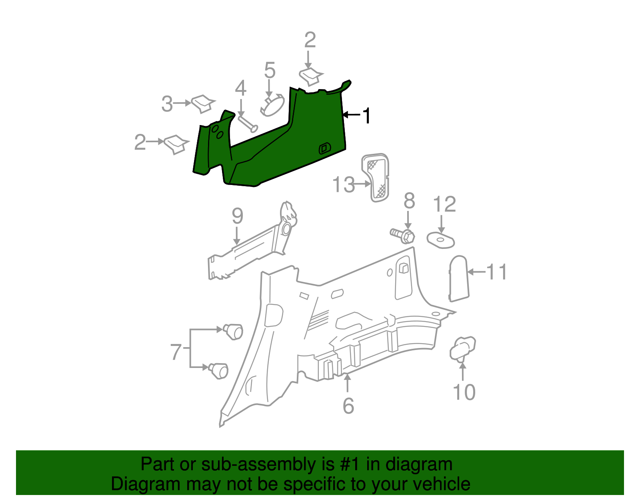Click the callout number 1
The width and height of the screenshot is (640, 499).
point(366,116)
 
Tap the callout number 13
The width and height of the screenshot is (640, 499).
point(344,185)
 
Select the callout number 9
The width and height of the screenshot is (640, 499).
point(237,216)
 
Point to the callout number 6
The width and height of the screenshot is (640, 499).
point(348,406)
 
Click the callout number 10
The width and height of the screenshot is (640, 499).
point(464,392)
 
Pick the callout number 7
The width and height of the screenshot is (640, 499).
point(176,352)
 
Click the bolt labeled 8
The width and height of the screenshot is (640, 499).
point(403,235)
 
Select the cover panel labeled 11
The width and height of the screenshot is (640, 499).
point(459,278)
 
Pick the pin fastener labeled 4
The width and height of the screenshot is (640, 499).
point(248,123)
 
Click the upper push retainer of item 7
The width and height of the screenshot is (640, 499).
point(233,331)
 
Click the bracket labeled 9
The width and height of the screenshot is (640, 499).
point(252,248)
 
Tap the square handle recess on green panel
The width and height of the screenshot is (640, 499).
point(324,148)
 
